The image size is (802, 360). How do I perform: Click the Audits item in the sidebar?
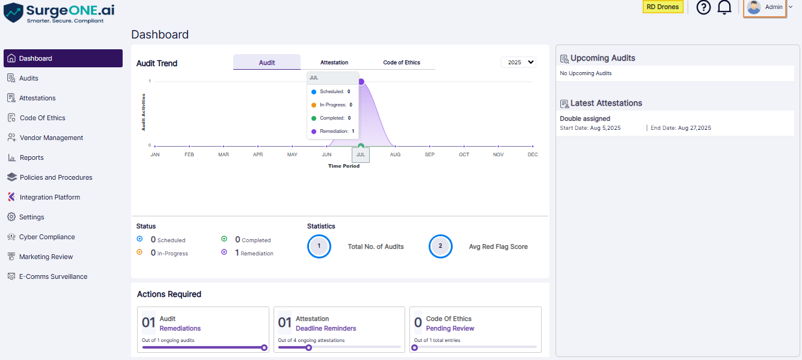[x=28, y=78]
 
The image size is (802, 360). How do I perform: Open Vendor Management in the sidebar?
[x=51, y=138]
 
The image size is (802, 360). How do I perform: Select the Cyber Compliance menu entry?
[x=47, y=237]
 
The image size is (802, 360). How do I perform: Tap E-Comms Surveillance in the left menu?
[x=53, y=276]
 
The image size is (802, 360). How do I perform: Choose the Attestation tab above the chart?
[x=334, y=63]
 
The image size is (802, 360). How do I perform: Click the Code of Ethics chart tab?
[x=401, y=63]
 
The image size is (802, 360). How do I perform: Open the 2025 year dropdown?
[x=518, y=62]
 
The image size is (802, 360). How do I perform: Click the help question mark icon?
[x=703, y=7]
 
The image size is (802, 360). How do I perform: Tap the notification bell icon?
[x=724, y=7]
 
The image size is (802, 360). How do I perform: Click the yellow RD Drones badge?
[x=663, y=7]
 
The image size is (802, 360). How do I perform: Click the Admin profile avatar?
[x=754, y=7]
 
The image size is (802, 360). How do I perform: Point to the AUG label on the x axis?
[x=395, y=154]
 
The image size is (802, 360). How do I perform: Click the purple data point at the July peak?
[x=361, y=82]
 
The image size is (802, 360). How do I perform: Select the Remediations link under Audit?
[x=180, y=329]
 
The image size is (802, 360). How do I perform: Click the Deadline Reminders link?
[x=326, y=329]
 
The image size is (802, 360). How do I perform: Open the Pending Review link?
[x=450, y=329]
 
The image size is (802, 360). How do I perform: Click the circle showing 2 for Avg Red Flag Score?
[x=440, y=246]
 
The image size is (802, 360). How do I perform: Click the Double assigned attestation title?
[x=585, y=118]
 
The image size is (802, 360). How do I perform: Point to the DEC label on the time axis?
[x=533, y=154]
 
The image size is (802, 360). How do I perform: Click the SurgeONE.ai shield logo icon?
[x=13, y=12]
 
